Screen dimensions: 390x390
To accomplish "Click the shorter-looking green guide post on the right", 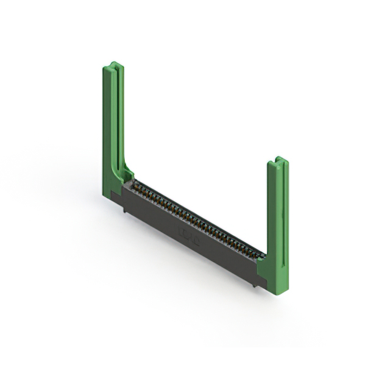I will point(278,207).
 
